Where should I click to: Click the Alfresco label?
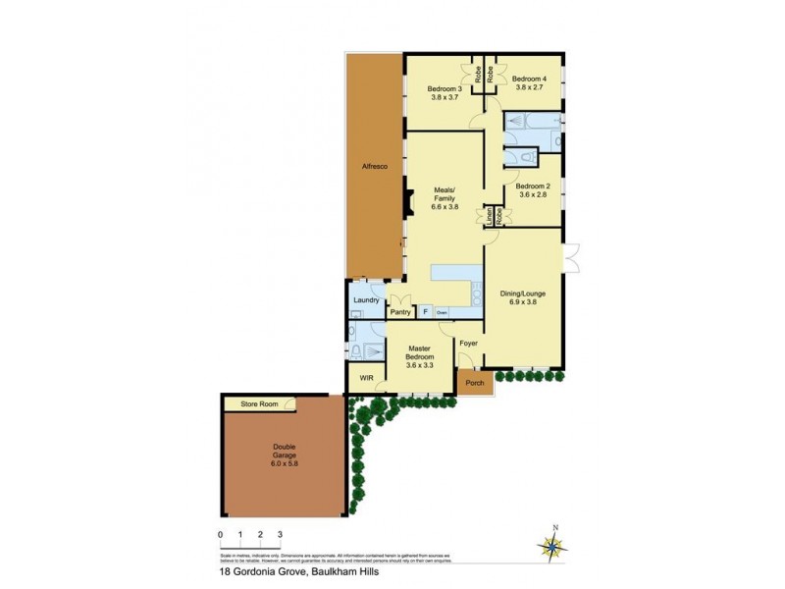coord(374,167)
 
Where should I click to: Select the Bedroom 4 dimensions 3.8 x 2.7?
coord(529,87)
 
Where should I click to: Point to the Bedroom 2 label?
coord(533,186)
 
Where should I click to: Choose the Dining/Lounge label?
coord(523,293)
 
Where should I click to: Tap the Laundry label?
coord(365,300)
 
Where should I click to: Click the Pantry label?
coord(399,313)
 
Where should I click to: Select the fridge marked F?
coord(425,312)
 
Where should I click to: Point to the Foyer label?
coord(469,343)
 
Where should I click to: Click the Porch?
coord(475,383)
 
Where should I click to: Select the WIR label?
coord(366,377)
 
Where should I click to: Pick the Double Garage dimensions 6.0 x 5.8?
coord(284,462)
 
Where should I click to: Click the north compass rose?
coord(554,547)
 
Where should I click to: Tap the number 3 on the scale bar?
coord(281,535)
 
